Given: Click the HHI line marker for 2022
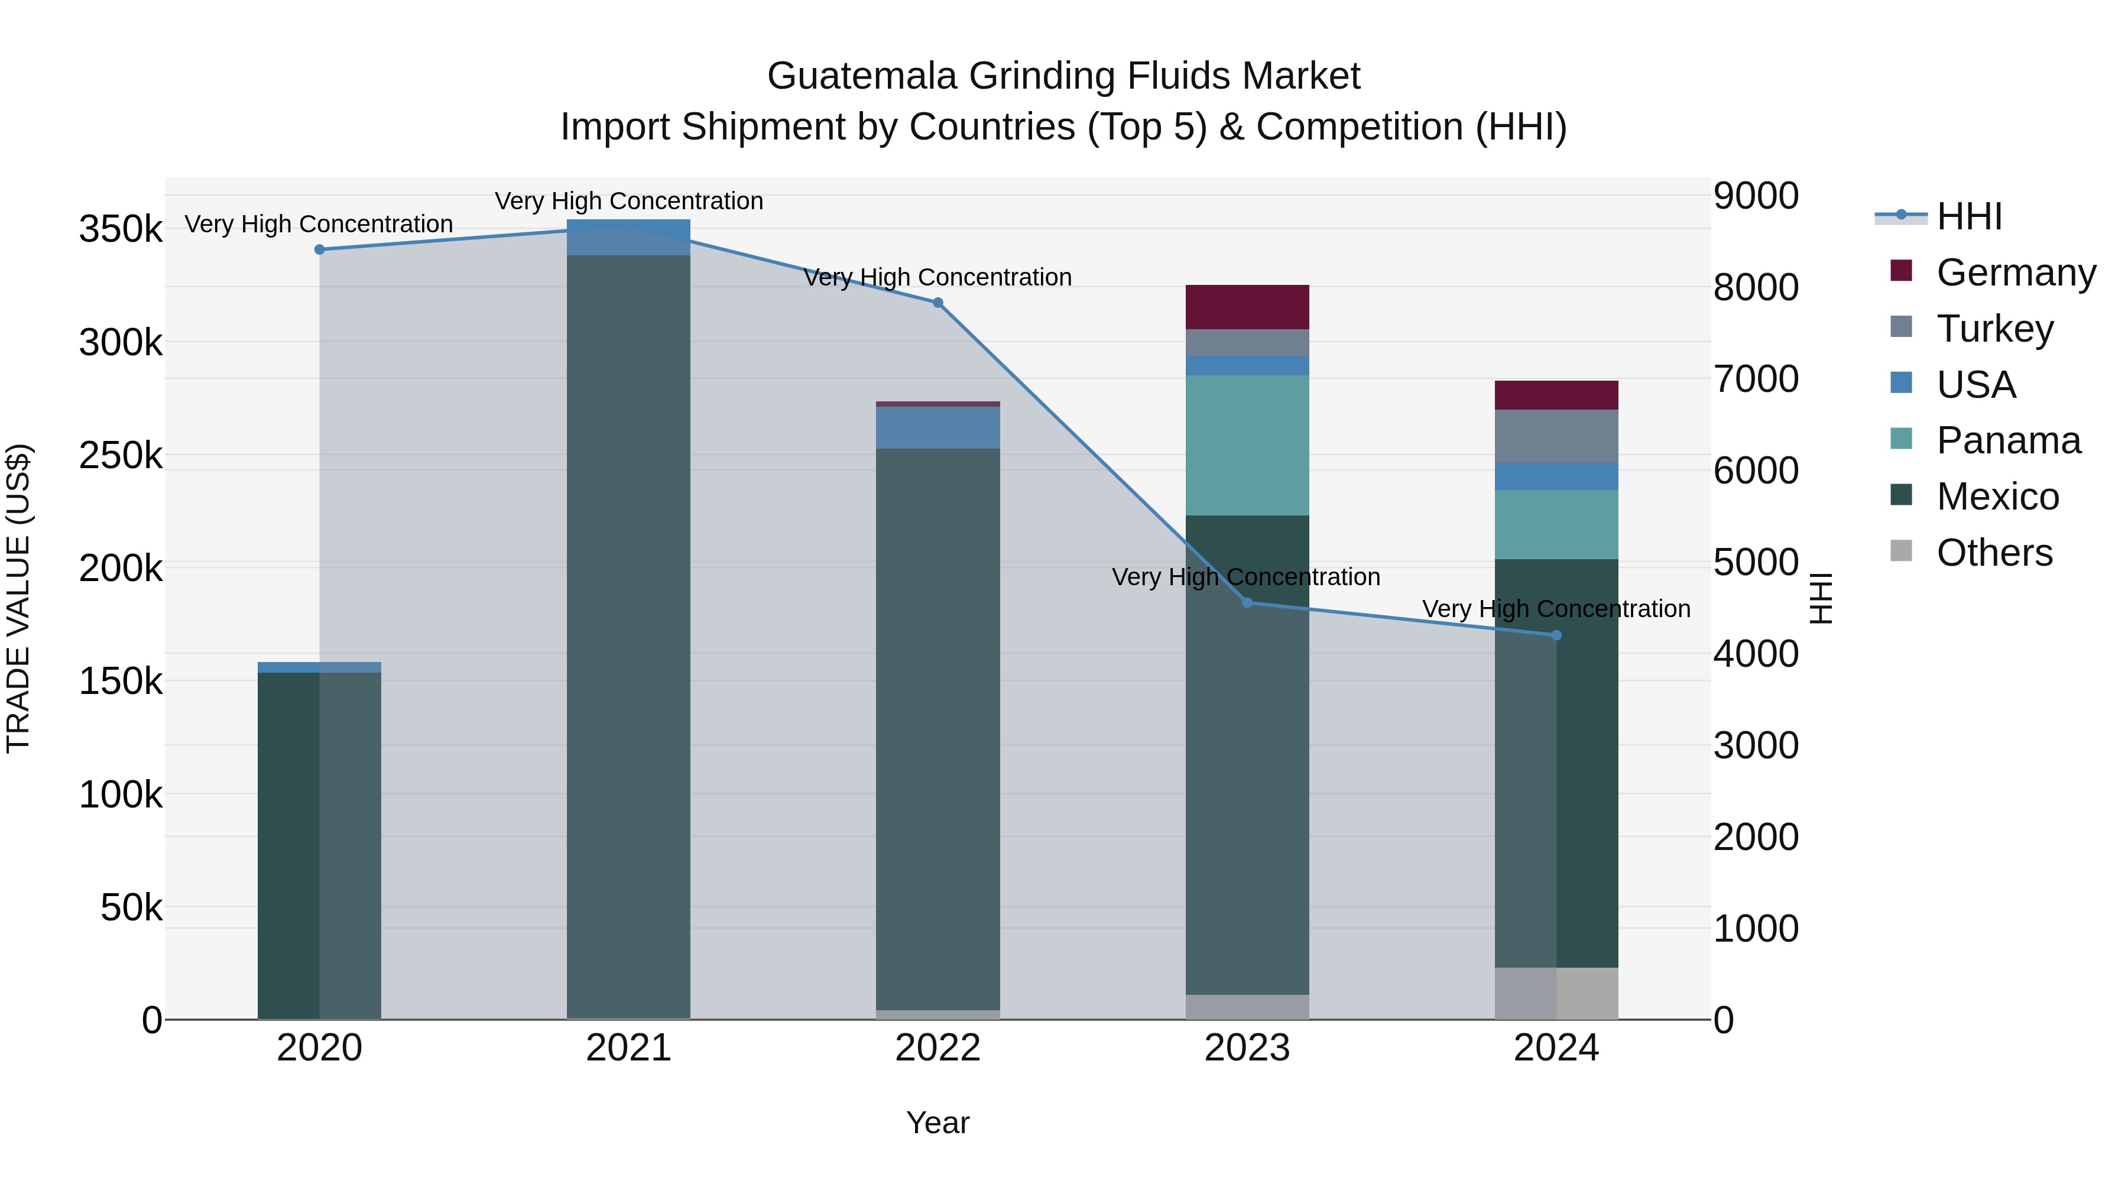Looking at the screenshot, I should click(x=938, y=303).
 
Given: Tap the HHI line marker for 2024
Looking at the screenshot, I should click(x=1556, y=635).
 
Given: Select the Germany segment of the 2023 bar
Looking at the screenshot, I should click(x=1247, y=307).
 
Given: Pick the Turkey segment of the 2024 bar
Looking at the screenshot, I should click(x=1556, y=436).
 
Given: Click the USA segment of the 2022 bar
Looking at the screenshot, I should click(x=938, y=427).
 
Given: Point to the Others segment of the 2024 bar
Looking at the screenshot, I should click(x=1556, y=993).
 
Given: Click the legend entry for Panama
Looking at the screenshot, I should click(x=2007, y=440).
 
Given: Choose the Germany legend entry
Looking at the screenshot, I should click(x=2016, y=272).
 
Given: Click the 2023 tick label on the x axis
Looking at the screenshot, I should click(x=1247, y=1048).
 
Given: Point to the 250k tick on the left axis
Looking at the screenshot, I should click(x=121, y=455).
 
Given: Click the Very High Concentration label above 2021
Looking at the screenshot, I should click(x=629, y=201).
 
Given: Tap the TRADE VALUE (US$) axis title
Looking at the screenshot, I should click(x=18, y=598).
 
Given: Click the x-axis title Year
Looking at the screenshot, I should click(x=938, y=1123).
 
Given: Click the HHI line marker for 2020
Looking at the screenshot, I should click(x=320, y=249).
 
